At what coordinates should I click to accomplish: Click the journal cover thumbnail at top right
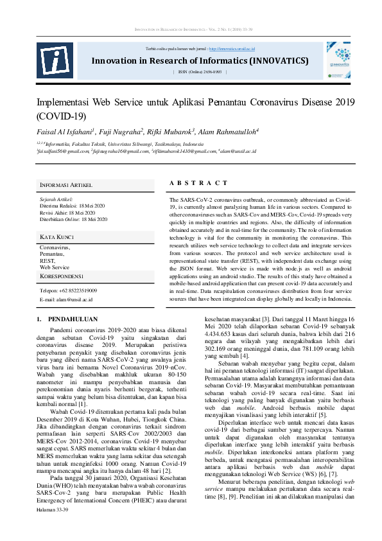(338, 60)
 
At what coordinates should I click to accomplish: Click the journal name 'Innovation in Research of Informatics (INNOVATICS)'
(200, 61)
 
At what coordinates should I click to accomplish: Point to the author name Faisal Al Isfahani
(65, 131)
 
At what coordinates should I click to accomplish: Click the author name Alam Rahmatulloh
(227, 131)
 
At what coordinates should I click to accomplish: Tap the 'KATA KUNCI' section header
(58, 237)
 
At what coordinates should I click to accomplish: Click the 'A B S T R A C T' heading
(198, 184)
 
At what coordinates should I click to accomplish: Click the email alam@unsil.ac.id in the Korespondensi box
(66, 299)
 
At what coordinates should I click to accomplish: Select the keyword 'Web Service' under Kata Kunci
(55, 267)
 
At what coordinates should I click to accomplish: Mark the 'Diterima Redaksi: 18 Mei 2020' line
(73, 206)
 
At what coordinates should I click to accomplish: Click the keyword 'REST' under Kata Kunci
(47, 261)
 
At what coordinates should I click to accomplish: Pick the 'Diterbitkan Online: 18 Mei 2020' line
(74, 219)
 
